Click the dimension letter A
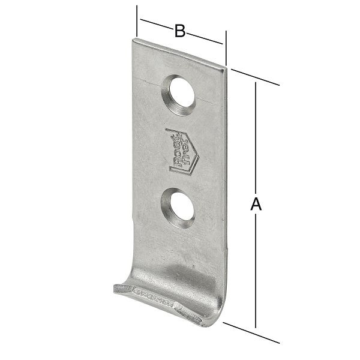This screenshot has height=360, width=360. (x=256, y=205)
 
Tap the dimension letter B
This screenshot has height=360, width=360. (x=180, y=30)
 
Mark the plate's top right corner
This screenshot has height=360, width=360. (x=226, y=67)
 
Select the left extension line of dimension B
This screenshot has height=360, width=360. (x=137, y=21)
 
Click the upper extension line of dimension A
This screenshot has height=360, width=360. (x=255, y=77)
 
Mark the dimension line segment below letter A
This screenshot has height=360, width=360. (x=256, y=270)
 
